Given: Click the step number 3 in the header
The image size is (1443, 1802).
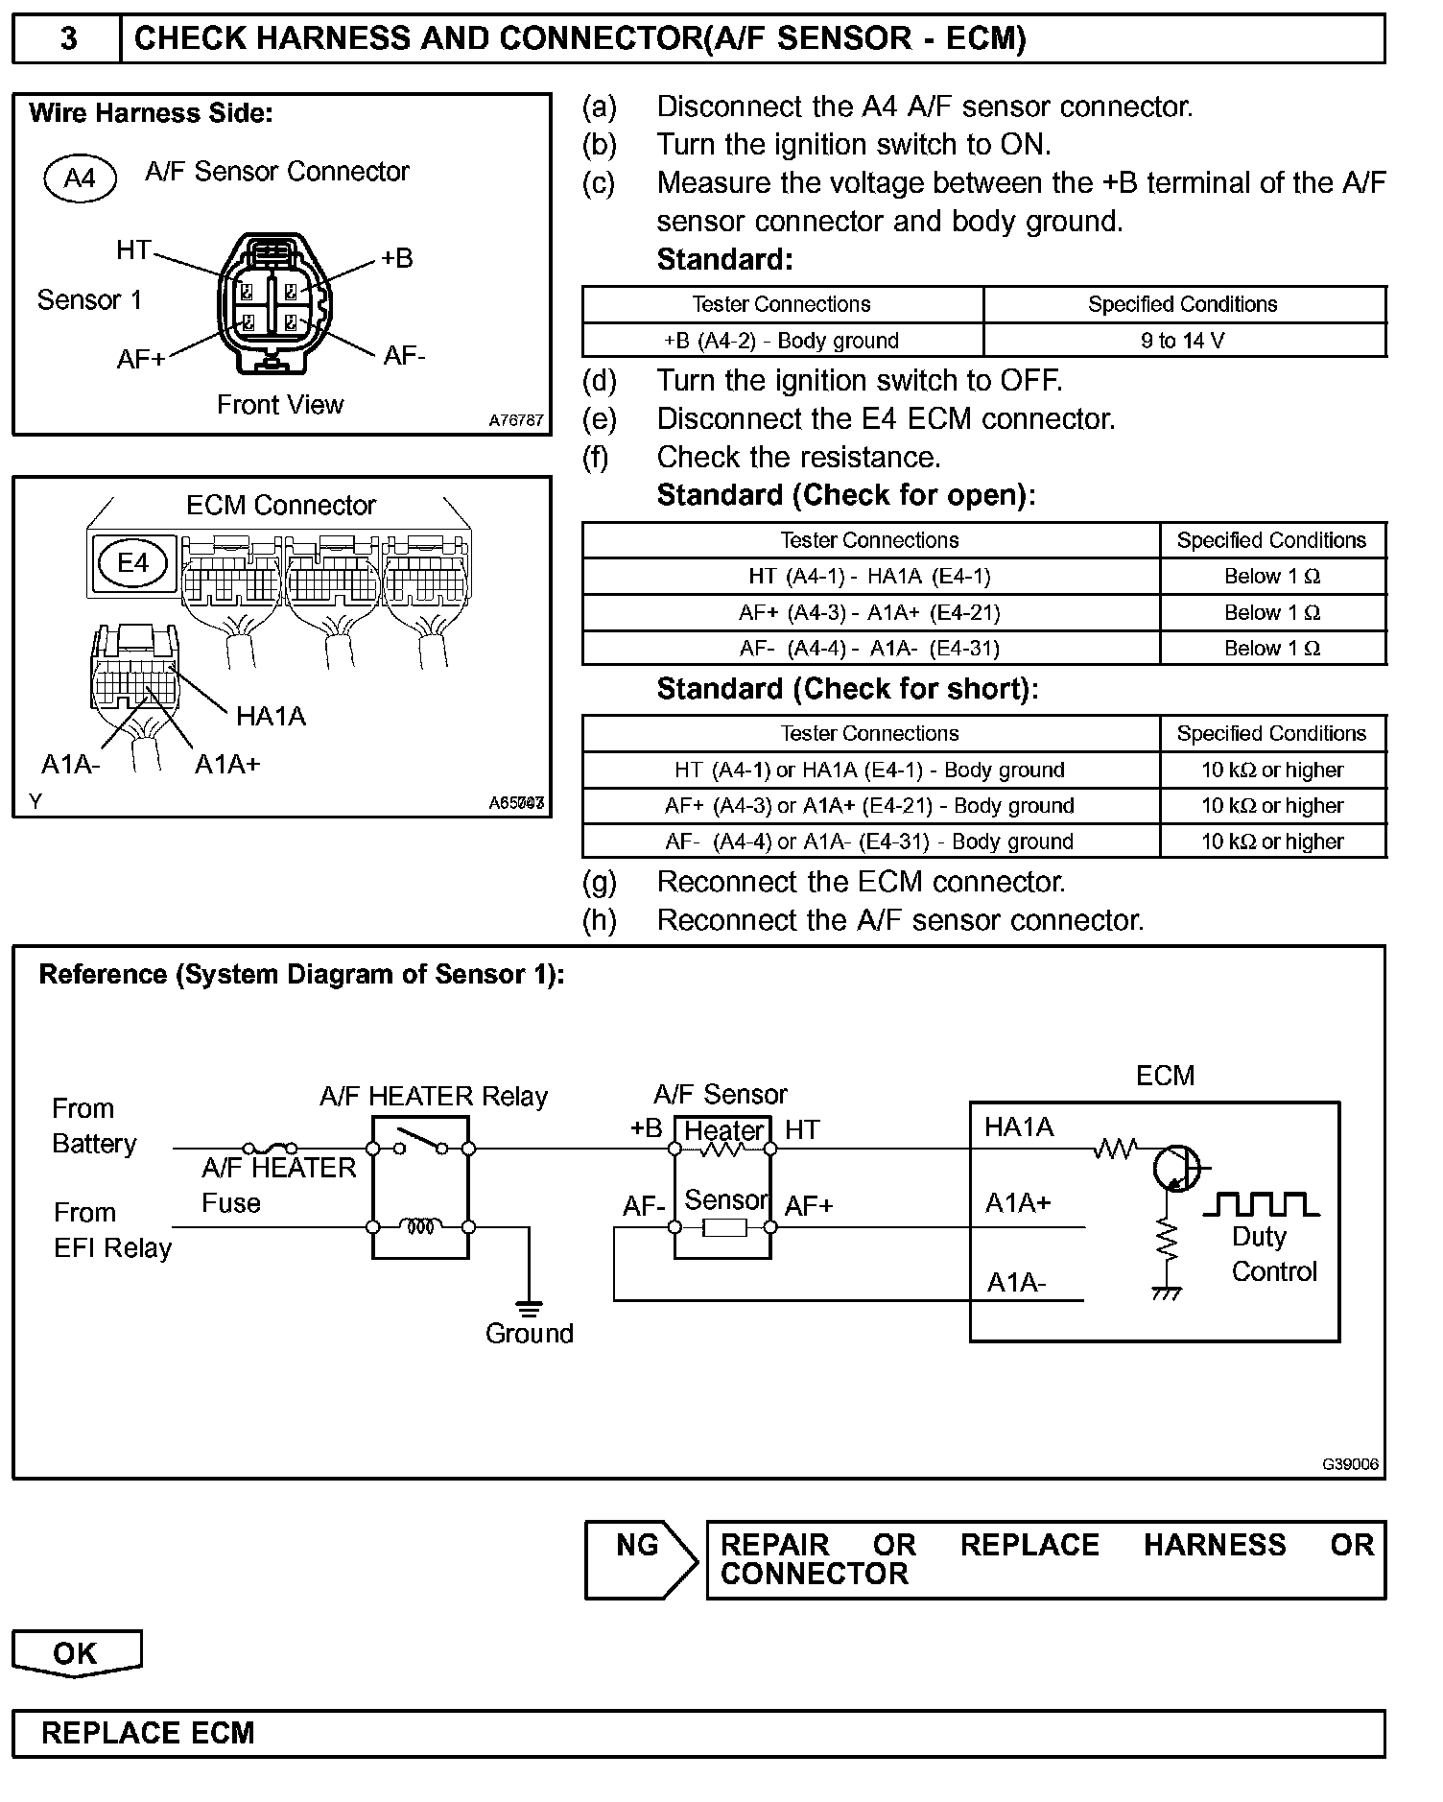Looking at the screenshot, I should tap(68, 38).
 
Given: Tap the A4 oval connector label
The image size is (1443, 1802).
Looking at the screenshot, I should tap(80, 178).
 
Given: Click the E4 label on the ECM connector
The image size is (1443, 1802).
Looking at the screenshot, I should tap(132, 562).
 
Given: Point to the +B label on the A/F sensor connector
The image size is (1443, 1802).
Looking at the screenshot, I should tap(396, 258).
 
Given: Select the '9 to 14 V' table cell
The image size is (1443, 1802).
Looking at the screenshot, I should tap(1183, 341).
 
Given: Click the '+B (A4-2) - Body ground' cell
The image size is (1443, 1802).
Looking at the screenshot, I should tap(781, 341).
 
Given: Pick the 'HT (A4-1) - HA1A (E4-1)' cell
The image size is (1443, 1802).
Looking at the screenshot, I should tap(869, 577).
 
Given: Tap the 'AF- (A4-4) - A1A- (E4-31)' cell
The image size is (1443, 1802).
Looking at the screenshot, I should tap(869, 649).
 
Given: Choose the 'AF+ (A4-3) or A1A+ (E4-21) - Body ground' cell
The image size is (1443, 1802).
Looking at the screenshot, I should tap(869, 806).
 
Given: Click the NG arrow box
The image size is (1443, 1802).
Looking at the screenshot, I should tap(640, 1559).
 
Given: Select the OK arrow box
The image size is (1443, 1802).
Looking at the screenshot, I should tap(76, 1653).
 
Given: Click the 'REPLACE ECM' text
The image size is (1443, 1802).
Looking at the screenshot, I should tap(148, 1733).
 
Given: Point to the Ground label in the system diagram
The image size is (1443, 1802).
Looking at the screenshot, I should tap(529, 1333).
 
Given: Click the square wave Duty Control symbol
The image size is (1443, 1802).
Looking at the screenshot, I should tap(1266, 1204).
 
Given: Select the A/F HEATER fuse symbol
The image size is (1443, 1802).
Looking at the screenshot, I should tap(270, 1148).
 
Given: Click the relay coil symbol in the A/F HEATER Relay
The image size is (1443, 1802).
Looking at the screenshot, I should tap(420, 1226).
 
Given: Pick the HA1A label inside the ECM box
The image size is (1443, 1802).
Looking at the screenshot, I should tap(1019, 1127).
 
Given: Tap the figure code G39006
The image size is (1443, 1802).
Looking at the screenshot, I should tap(1350, 1464).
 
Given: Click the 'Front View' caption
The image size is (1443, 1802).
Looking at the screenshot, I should tap(280, 405).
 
